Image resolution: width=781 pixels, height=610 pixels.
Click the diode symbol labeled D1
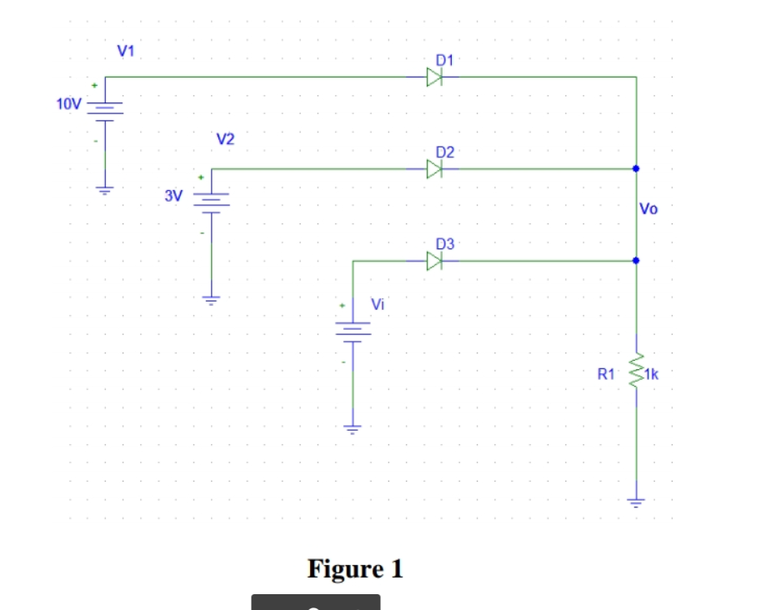click(433, 77)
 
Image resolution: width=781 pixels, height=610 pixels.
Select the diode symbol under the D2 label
click(433, 169)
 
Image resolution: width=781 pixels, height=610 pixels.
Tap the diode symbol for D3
click(433, 262)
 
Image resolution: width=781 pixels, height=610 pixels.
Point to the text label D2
click(445, 152)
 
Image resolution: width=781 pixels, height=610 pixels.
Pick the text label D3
click(445, 244)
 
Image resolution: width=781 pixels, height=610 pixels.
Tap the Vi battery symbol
click(353, 328)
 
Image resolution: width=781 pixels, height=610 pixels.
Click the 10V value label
click(68, 104)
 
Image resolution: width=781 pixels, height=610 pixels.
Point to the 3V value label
click(173, 197)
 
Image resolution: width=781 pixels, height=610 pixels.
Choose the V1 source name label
click(127, 51)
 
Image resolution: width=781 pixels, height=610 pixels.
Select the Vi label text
click(378, 304)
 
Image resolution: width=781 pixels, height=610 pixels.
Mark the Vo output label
click(648, 209)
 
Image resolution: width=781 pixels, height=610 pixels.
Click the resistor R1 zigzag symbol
click(637, 370)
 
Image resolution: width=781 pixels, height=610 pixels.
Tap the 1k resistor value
click(651, 375)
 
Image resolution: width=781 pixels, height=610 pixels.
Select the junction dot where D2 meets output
click(636, 169)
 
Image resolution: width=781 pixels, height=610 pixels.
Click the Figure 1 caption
click(355, 569)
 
